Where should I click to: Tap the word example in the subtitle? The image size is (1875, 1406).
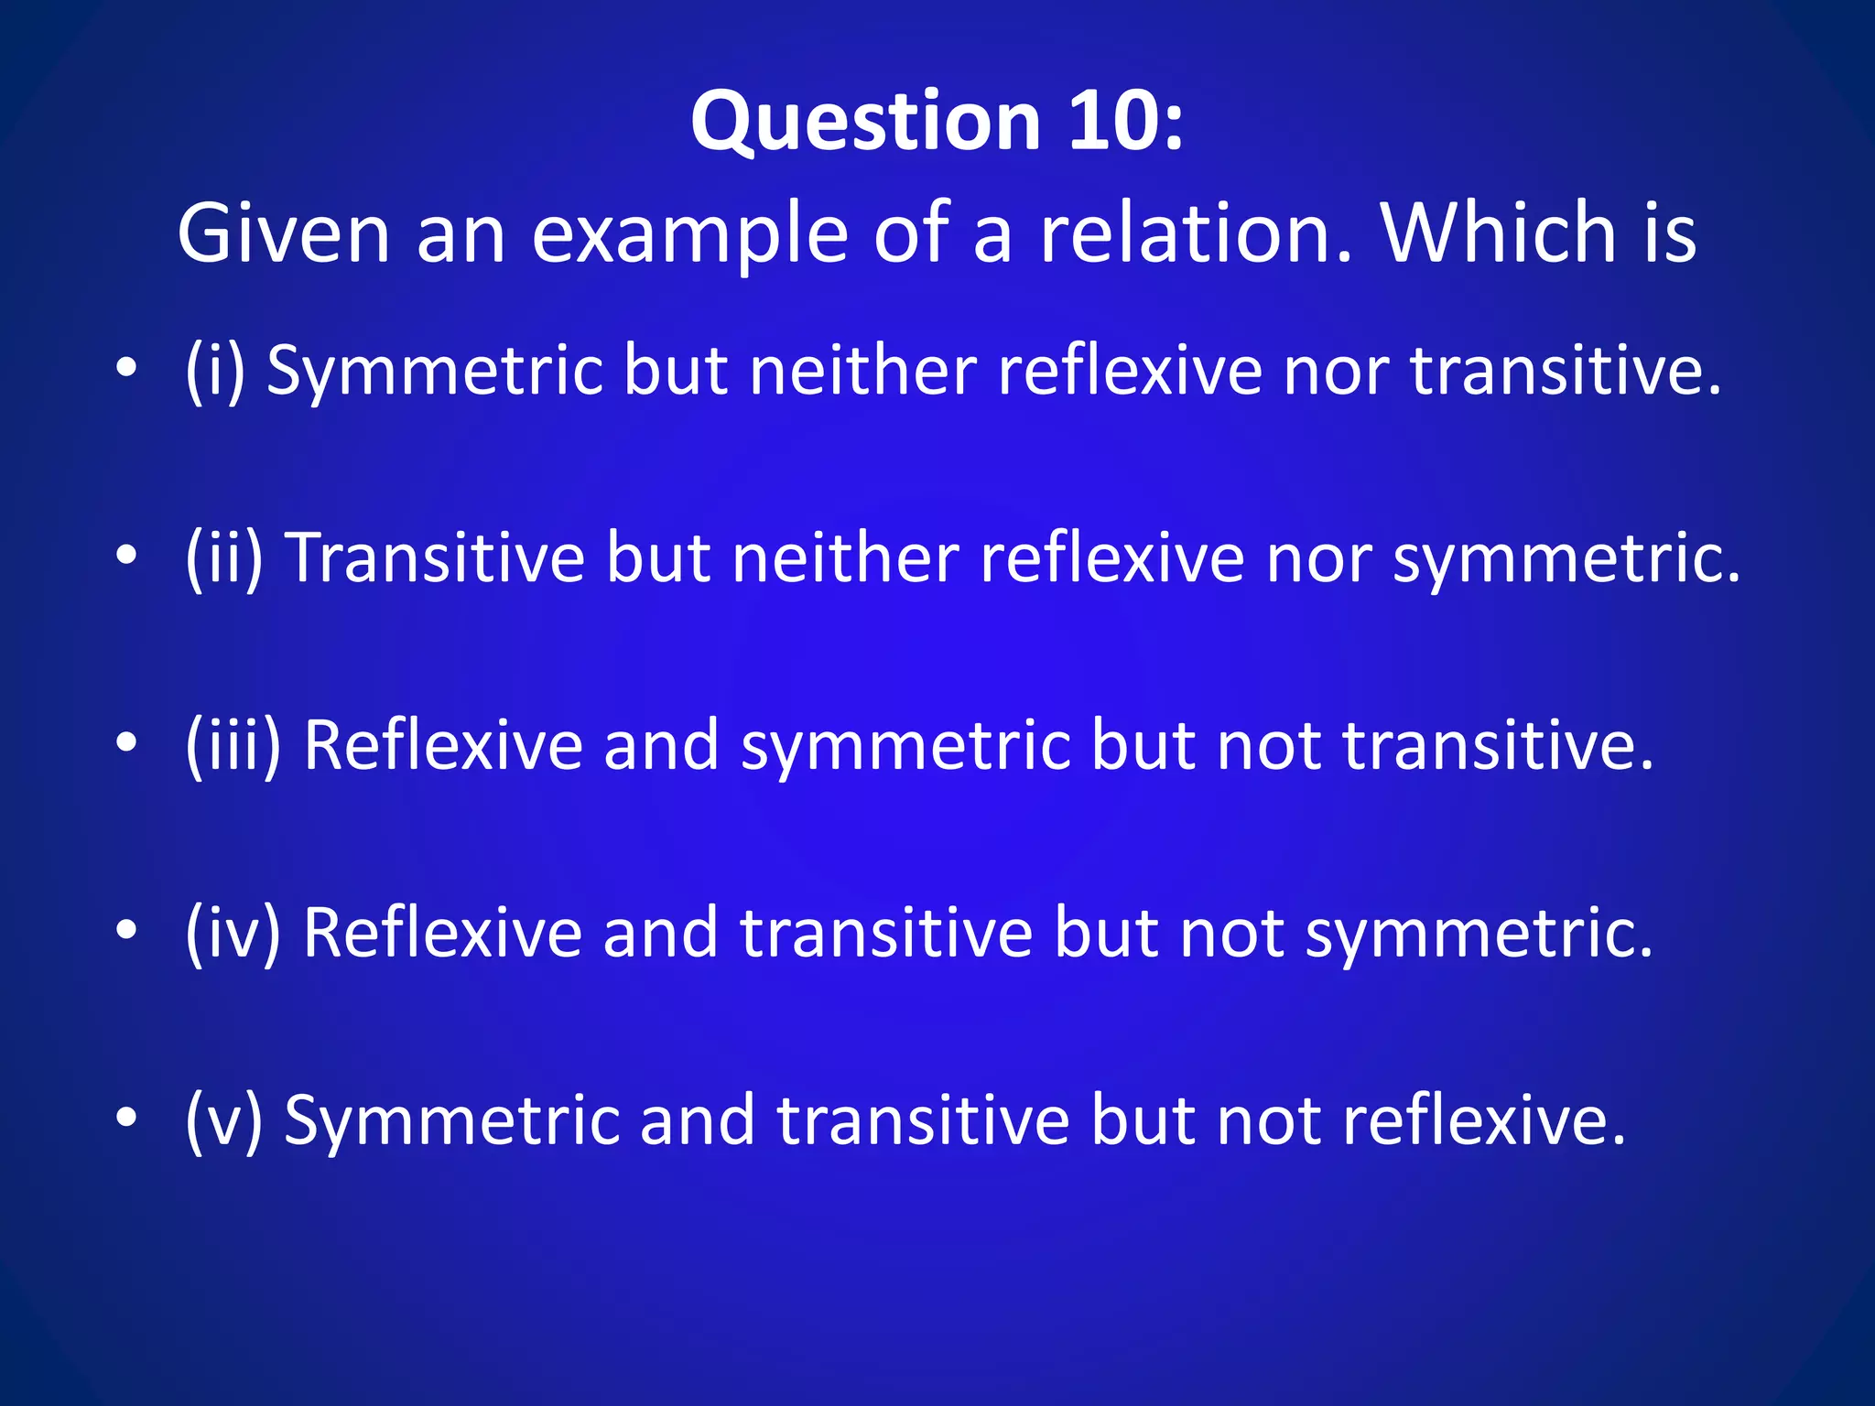(x=689, y=236)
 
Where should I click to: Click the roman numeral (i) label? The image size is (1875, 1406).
(x=215, y=371)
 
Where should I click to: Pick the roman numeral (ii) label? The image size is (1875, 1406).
(x=224, y=557)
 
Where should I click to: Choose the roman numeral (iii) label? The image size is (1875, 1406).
(x=233, y=745)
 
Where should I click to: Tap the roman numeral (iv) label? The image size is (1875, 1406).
(x=233, y=932)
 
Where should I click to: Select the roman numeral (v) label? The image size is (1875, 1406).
(x=224, y=1119)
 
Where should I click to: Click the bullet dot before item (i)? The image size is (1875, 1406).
(x=127, y=369)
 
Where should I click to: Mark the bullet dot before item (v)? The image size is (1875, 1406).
(x=127, y=1117)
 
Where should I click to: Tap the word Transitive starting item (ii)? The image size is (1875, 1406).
(x=435, y=557)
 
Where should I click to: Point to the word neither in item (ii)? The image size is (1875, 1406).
(x=845, y=557)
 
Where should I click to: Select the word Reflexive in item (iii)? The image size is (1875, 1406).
(x=442, y=745)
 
